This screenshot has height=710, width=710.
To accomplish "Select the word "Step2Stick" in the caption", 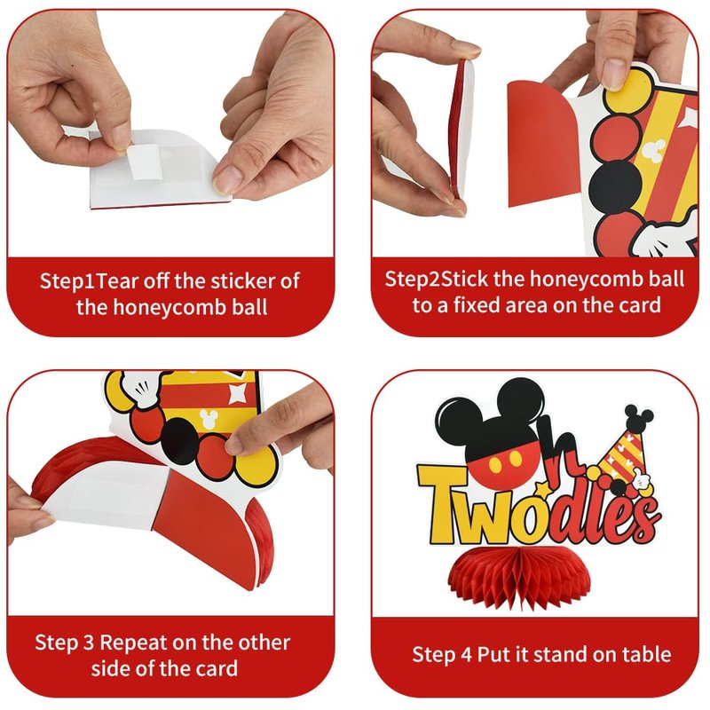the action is (436, 279).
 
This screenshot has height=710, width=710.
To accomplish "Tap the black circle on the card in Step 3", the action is (180, 441).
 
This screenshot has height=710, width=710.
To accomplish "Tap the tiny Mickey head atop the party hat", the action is (638, 416).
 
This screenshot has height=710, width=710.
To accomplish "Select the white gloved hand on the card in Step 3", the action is (138, 390).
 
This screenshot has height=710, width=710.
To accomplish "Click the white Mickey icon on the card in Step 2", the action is (654, 150).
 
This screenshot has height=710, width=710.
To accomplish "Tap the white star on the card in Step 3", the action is (238, 392).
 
